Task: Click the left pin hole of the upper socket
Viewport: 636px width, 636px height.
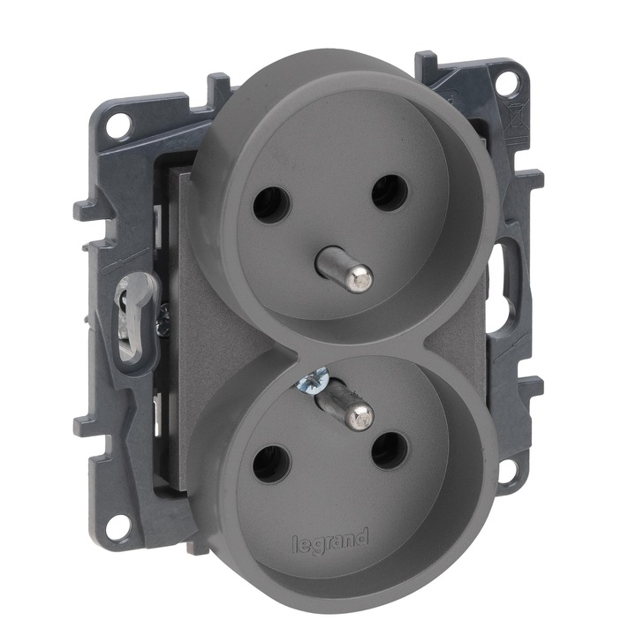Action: tap(272, 205)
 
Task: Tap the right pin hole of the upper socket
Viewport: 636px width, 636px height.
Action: tap(389, 193)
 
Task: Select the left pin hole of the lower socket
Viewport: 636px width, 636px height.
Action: tap(272, 463)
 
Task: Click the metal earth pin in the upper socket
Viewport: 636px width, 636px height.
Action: tap(344, 266)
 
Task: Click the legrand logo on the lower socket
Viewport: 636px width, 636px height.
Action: tap(330, 541)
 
